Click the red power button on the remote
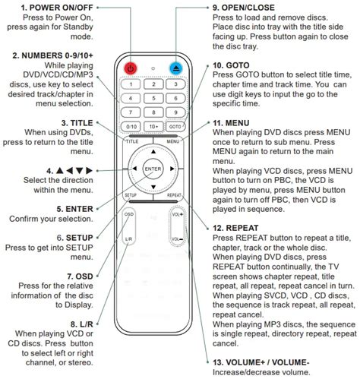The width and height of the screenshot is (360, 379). click(x=131, y=68)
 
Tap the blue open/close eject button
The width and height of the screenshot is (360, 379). click(x=176, y=68)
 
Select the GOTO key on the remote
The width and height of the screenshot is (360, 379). click(x=175, y=126)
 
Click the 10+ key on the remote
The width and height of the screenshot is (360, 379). click(x=153, y=126)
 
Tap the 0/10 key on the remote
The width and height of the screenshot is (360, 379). click(x=131, y=126)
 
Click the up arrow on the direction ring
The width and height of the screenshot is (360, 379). click(x=153, y=152)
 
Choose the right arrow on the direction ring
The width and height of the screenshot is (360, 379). click(x=172, y=169)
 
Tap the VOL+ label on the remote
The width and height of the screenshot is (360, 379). click(x=178, y=214)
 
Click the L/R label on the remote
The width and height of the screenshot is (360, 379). click(x=128, y=239)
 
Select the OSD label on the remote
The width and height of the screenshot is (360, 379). click(x=129, y=214)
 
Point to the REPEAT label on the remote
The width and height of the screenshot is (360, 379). click(x=174, y=195)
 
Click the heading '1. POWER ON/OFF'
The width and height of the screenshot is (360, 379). click(x=57, y=8)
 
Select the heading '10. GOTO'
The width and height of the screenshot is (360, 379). click(x=231, y=65)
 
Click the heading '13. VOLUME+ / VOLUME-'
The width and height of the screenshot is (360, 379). click(x=261, y=362)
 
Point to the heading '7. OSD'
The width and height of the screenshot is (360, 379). click(x=80, y=276)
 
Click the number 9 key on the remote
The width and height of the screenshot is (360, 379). click(x=175, y=112)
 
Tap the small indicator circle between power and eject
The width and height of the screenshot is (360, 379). click(x=153, y=68)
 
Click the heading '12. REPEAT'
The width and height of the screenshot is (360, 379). click(x=235, y=228)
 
